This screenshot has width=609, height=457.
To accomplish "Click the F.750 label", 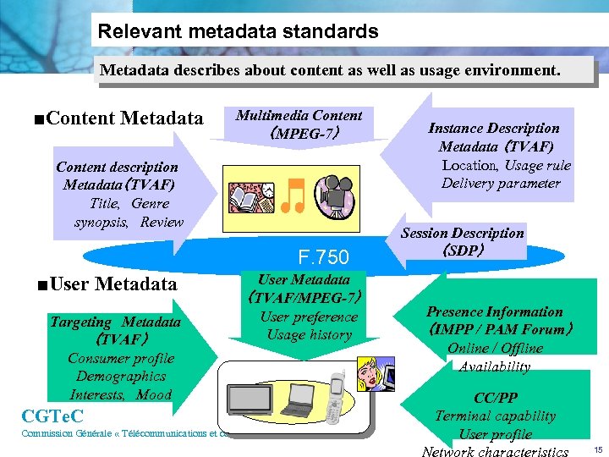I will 324,256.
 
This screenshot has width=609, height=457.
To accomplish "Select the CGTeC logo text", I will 52,416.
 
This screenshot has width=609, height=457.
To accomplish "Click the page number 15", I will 597,449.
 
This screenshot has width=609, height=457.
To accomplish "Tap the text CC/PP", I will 496,398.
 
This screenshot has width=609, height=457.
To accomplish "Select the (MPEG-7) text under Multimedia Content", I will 299,133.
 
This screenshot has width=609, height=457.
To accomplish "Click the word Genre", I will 151,204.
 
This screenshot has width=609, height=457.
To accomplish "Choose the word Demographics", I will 121,377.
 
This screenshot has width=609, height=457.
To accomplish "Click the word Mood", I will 154,395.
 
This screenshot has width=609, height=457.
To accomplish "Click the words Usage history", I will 309,335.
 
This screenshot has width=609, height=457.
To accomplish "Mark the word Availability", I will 495,366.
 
